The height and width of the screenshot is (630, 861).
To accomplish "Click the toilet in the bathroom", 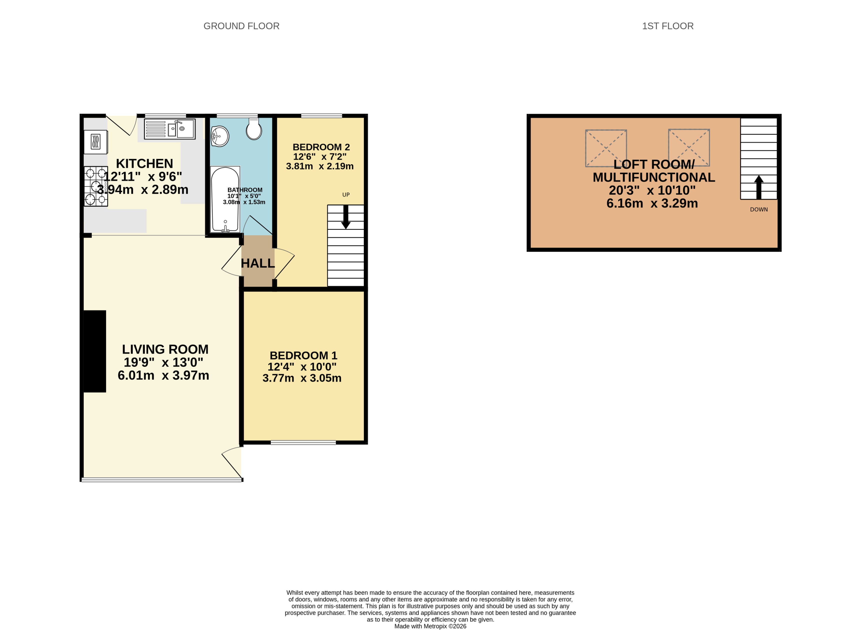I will point(254,129).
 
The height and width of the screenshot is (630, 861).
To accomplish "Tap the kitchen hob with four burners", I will point(96,186).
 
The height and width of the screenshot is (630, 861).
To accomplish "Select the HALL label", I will point(258,263).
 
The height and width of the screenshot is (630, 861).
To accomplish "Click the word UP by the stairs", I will point(346,194).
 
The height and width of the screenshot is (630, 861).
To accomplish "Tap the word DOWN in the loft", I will point(758,209).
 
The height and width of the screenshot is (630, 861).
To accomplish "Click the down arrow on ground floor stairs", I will point(346,217).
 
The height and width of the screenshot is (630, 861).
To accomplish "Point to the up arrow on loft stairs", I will point(758,187).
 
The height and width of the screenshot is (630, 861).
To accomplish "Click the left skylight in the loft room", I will point(606,148).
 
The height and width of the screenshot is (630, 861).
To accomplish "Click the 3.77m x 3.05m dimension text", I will point(302,378).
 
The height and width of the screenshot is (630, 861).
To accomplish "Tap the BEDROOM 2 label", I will point(321,147).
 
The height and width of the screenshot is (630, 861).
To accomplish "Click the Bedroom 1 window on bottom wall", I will point(303,442).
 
